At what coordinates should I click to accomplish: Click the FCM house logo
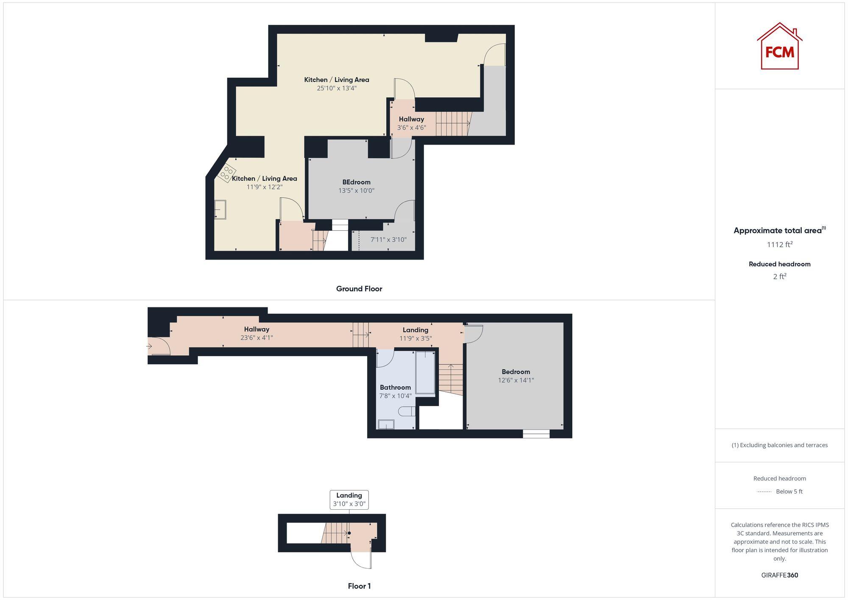tap(779, 47)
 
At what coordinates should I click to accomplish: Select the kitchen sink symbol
tap(220, 209)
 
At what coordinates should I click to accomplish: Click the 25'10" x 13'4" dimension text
tap(337, 88)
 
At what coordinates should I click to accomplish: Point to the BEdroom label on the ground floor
tap(356, 182)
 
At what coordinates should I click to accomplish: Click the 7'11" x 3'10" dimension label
tap(388, 240)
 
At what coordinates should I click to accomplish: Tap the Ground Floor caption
tap(359, 289)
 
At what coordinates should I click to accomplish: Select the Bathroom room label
tap(395, 387)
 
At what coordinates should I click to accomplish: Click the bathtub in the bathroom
tap(425, 373)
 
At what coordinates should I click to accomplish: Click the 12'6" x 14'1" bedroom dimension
tap(516, 380)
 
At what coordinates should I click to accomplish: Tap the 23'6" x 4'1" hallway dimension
tap(257, 338)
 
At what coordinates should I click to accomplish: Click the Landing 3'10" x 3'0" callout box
tap(349, 500)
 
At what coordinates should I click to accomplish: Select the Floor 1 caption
tap(359, 586)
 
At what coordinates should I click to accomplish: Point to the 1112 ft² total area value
tap(779, 245)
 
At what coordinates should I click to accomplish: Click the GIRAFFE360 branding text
tap(779, 575)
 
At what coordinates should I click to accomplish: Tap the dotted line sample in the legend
tap(764, 492)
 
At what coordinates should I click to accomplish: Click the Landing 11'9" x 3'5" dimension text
tap(416, 338)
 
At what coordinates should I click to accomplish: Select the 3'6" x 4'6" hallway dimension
tap(411, 128)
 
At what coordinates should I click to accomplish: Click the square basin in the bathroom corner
tap(386, 424)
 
